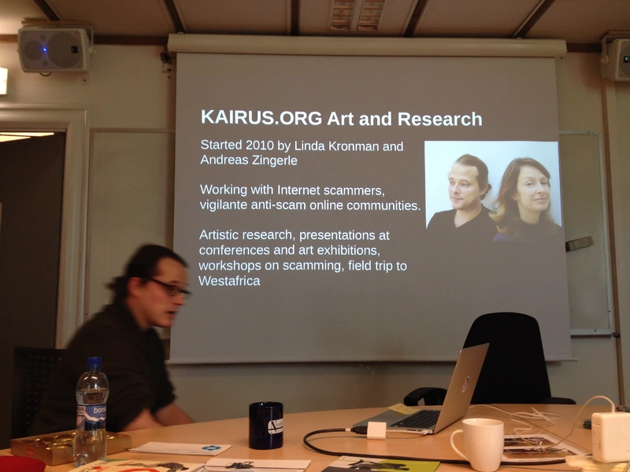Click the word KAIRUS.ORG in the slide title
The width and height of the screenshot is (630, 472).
[x=261, y=117]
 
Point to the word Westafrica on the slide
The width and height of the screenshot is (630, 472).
[x=229, y=281]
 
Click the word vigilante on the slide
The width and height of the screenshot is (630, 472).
[x=224, y=205]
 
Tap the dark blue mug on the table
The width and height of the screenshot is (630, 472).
[x=266, y=425]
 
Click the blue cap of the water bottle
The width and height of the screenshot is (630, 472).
[x=94, y=363]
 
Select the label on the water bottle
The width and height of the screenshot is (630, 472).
[x=91, y=416]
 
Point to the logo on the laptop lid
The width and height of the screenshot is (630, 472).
[x=465, y=384]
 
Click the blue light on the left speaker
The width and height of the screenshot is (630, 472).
[x=45, y=50]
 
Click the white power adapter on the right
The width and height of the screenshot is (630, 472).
[x=610, y=437]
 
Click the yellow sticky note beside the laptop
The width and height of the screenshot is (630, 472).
[x=404, y=408]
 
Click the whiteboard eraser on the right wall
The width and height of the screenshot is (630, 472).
[x=580, y=244]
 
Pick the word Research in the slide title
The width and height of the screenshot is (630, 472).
[x=439, y=119]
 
